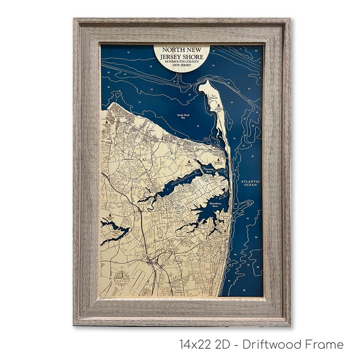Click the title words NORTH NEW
tap(181, 50)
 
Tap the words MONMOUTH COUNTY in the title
tap(181, 61)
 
